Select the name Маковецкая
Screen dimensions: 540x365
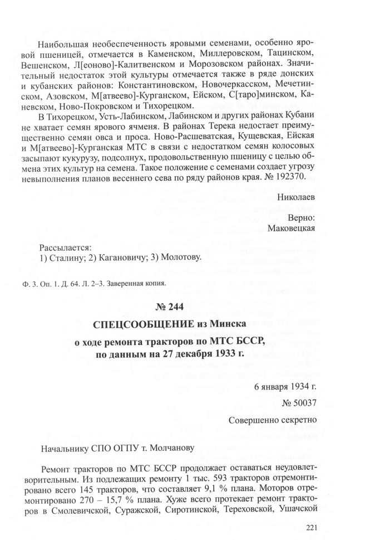pos(292,227)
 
